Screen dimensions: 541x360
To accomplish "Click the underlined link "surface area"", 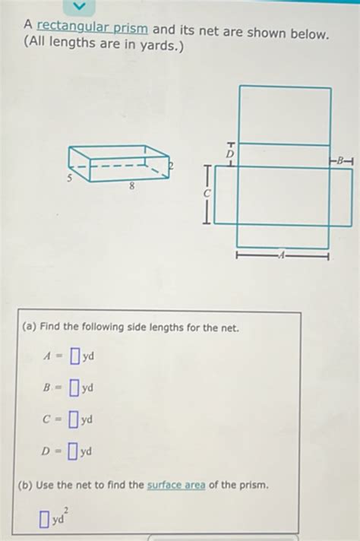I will tap(176, 485).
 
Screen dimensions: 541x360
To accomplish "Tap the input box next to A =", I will tap(74, 356).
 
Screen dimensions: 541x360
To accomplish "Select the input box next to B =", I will tap(74, 388).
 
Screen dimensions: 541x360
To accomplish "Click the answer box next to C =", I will tap(74, 419).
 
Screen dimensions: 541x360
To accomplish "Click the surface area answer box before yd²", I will tap(46, 520).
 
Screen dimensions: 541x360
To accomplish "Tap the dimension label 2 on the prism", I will tap(172, 165).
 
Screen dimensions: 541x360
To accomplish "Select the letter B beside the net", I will tap(341, 160).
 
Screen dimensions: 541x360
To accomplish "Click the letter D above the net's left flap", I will tap(230, 154).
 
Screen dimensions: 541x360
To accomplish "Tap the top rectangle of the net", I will tap(285, 115).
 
